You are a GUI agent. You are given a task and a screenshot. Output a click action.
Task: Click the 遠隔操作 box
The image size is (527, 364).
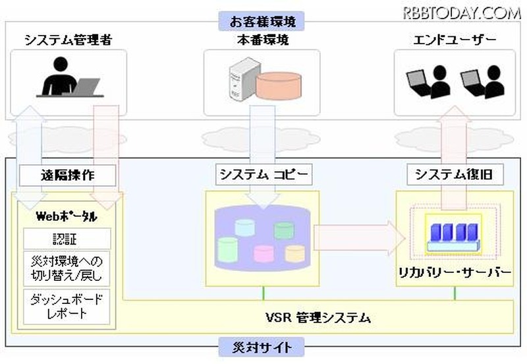[68, 175]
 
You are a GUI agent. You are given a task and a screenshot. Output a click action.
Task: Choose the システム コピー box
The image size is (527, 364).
[263, 175]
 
